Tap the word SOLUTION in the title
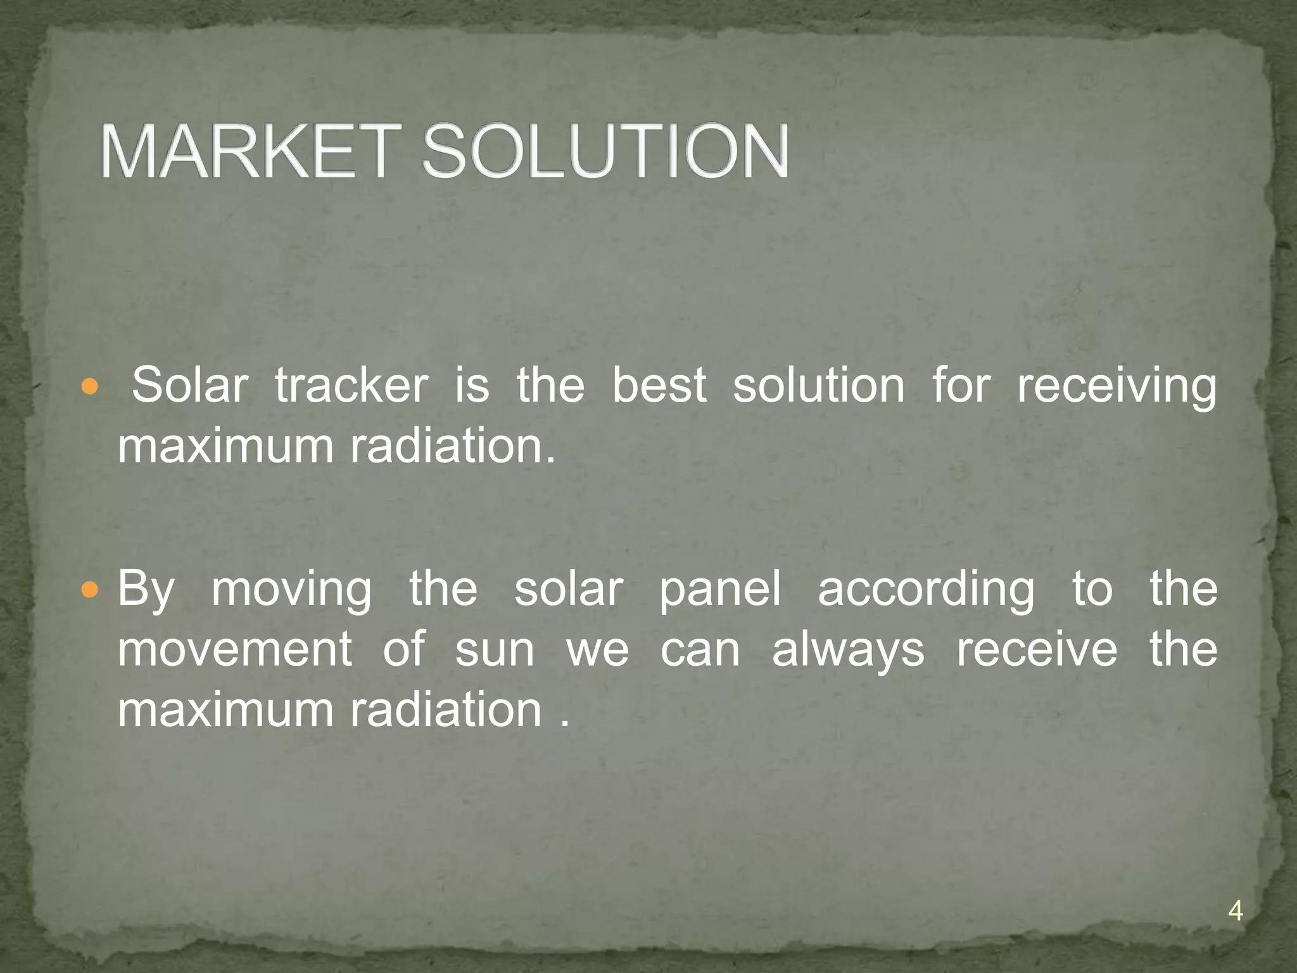point(605,152)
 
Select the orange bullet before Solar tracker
point(91,386)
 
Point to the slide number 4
point(1235,912)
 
